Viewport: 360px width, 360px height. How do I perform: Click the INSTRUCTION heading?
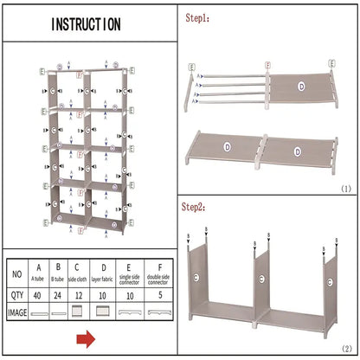[x=86, y=24]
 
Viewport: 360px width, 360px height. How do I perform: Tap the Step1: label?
[x=198, y=16]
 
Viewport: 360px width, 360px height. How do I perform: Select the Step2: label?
[x=198, y=207]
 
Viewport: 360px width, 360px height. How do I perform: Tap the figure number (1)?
[x=344, y=187]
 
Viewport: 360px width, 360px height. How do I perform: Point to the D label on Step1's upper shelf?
[x=300, y=86]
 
